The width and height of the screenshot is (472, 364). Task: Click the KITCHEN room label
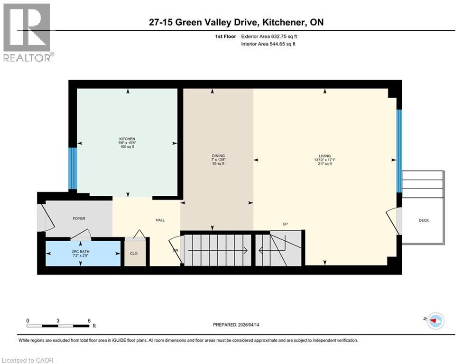pos(127,139)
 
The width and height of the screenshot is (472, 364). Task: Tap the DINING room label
pos(218,156)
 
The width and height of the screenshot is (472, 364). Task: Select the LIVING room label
pos(324,156)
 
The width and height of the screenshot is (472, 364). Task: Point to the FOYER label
pos(79,218)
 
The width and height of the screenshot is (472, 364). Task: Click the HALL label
pos(160,220)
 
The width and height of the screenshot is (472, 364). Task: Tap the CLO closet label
pos(134,254)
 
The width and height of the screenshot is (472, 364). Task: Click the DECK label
pos(424,220)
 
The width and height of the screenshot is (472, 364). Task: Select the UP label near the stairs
pos(285,224)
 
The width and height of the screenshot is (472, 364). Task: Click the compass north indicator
pos(435,321)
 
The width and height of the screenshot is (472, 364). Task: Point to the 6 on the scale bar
pos(89,320)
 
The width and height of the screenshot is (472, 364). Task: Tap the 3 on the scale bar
pos(58,320)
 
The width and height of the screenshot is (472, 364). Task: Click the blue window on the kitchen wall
pos(73,168)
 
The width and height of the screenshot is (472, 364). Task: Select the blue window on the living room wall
pos(399,151)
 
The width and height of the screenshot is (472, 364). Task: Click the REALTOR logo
pos(28,32)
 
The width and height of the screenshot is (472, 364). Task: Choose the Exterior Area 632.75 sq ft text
pos(269,36)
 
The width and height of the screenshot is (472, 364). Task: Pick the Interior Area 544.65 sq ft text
pos(268,44)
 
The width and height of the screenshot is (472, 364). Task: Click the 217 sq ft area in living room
pos(324,164)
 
